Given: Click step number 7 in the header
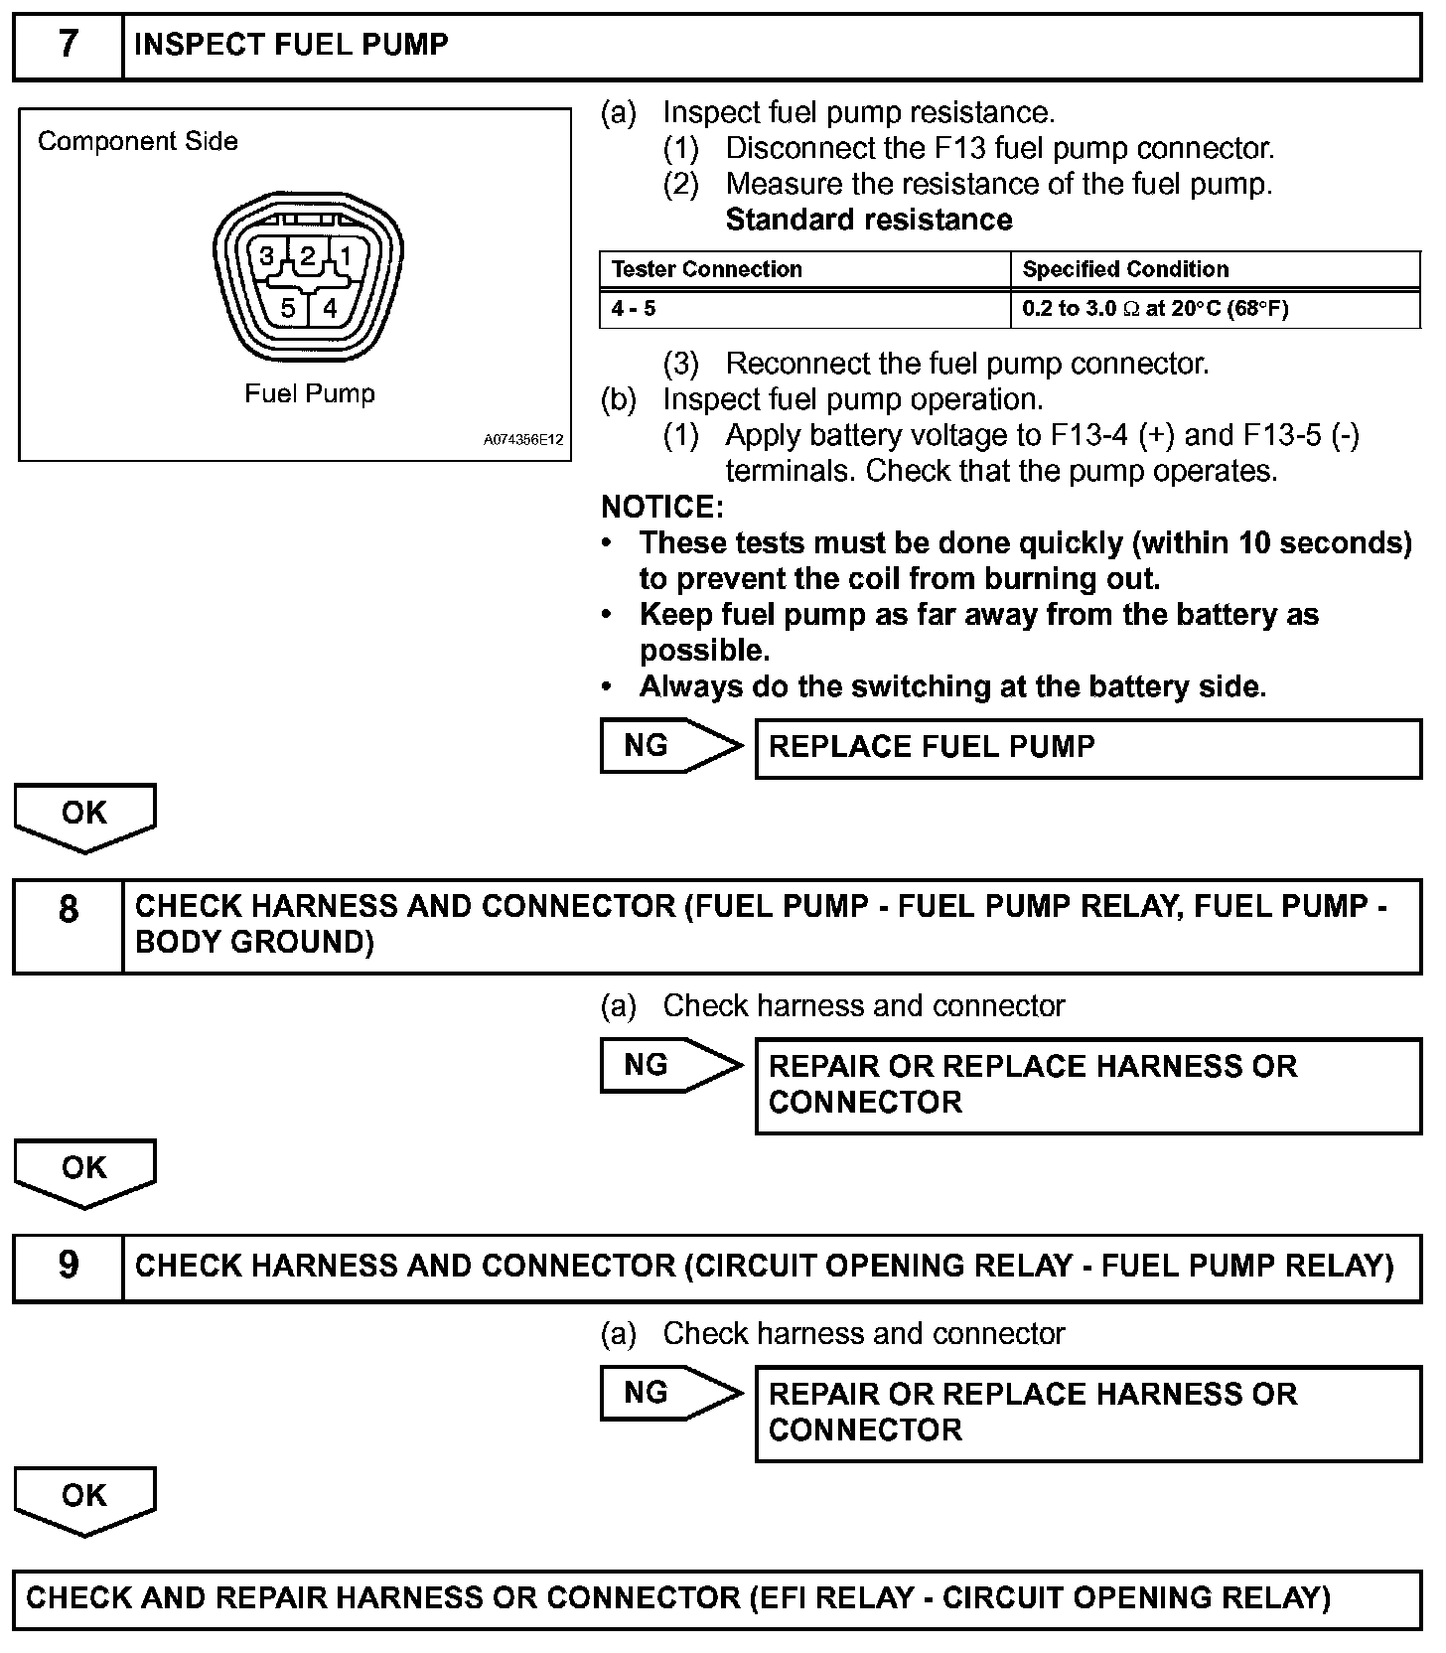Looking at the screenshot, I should coord(68,46).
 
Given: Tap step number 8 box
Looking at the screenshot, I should coord(68,910).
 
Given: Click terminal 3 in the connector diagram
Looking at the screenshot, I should coord(267,256).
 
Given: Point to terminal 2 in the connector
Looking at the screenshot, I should coord(308,256).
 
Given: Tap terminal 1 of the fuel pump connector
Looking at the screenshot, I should coord(346,256).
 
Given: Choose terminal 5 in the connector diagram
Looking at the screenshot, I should coord(288,308).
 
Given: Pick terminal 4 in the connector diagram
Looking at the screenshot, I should coord(330,308).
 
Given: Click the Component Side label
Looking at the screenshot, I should coord(138,141).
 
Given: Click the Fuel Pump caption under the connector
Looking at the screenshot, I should coord(310,393).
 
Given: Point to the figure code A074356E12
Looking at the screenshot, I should coord(523,439).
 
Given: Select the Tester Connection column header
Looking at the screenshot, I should coord(706,269).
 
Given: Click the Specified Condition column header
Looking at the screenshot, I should coord(1125,269).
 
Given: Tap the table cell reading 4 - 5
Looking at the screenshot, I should coord(634,308).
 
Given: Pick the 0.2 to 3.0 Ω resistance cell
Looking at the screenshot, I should coord(1155,308).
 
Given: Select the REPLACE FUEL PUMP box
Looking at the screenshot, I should coord(1087,747).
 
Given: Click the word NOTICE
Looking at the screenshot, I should coord(662,508).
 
